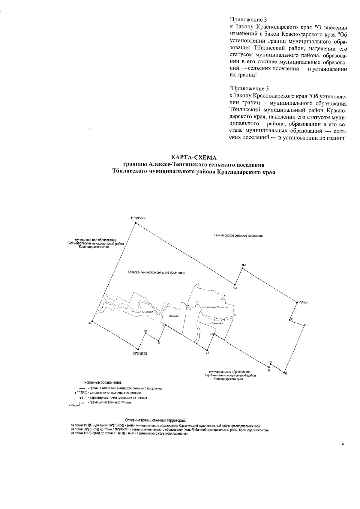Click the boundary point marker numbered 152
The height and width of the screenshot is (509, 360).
point(242,268)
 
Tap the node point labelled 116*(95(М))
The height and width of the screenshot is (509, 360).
point(135,223)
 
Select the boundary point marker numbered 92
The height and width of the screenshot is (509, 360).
point(92,321)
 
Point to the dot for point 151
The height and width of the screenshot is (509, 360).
point(235,285)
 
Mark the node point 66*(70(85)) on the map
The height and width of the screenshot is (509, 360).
point(138,349)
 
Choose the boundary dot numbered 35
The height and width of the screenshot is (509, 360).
point(207,349)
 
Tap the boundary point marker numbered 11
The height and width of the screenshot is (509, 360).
point(304,325)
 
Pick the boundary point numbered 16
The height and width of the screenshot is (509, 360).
point(284,373)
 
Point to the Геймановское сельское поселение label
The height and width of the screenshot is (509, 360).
point(239,236)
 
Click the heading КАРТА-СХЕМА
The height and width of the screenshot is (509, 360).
point(193,157)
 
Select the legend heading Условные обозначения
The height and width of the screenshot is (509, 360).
point(103,383)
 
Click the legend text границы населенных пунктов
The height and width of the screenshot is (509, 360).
point(109,403)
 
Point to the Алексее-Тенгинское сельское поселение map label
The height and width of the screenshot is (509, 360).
point(156,273)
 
